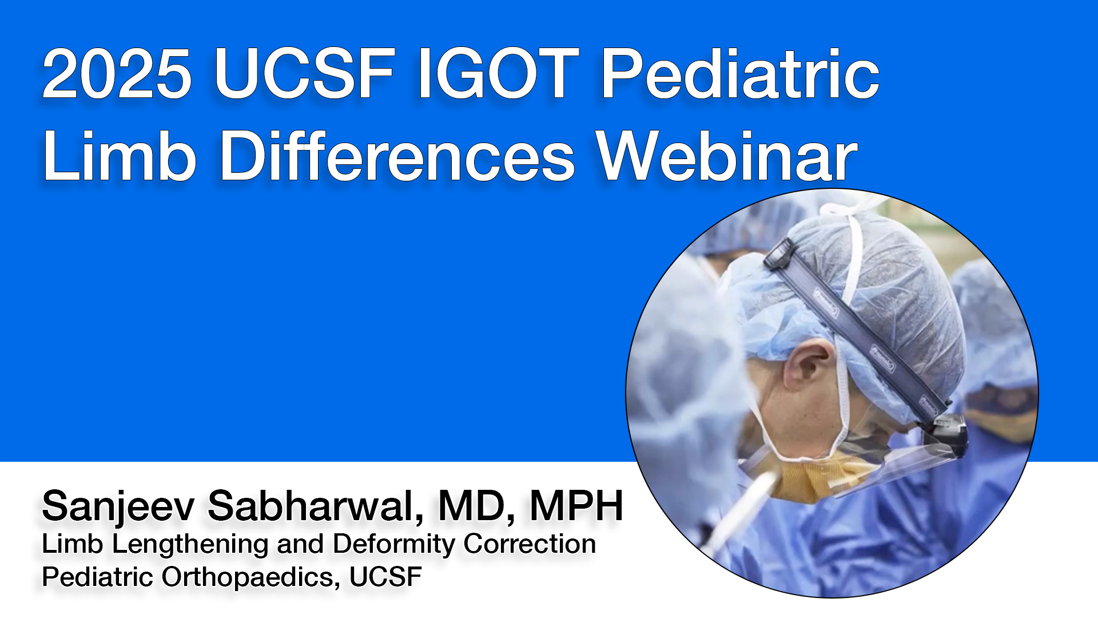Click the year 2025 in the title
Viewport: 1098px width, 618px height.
117,74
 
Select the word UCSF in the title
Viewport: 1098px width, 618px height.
305,74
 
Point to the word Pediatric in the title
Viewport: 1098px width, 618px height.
741,74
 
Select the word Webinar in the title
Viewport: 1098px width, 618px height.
726,156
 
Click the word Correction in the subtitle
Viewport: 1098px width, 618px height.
530,544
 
